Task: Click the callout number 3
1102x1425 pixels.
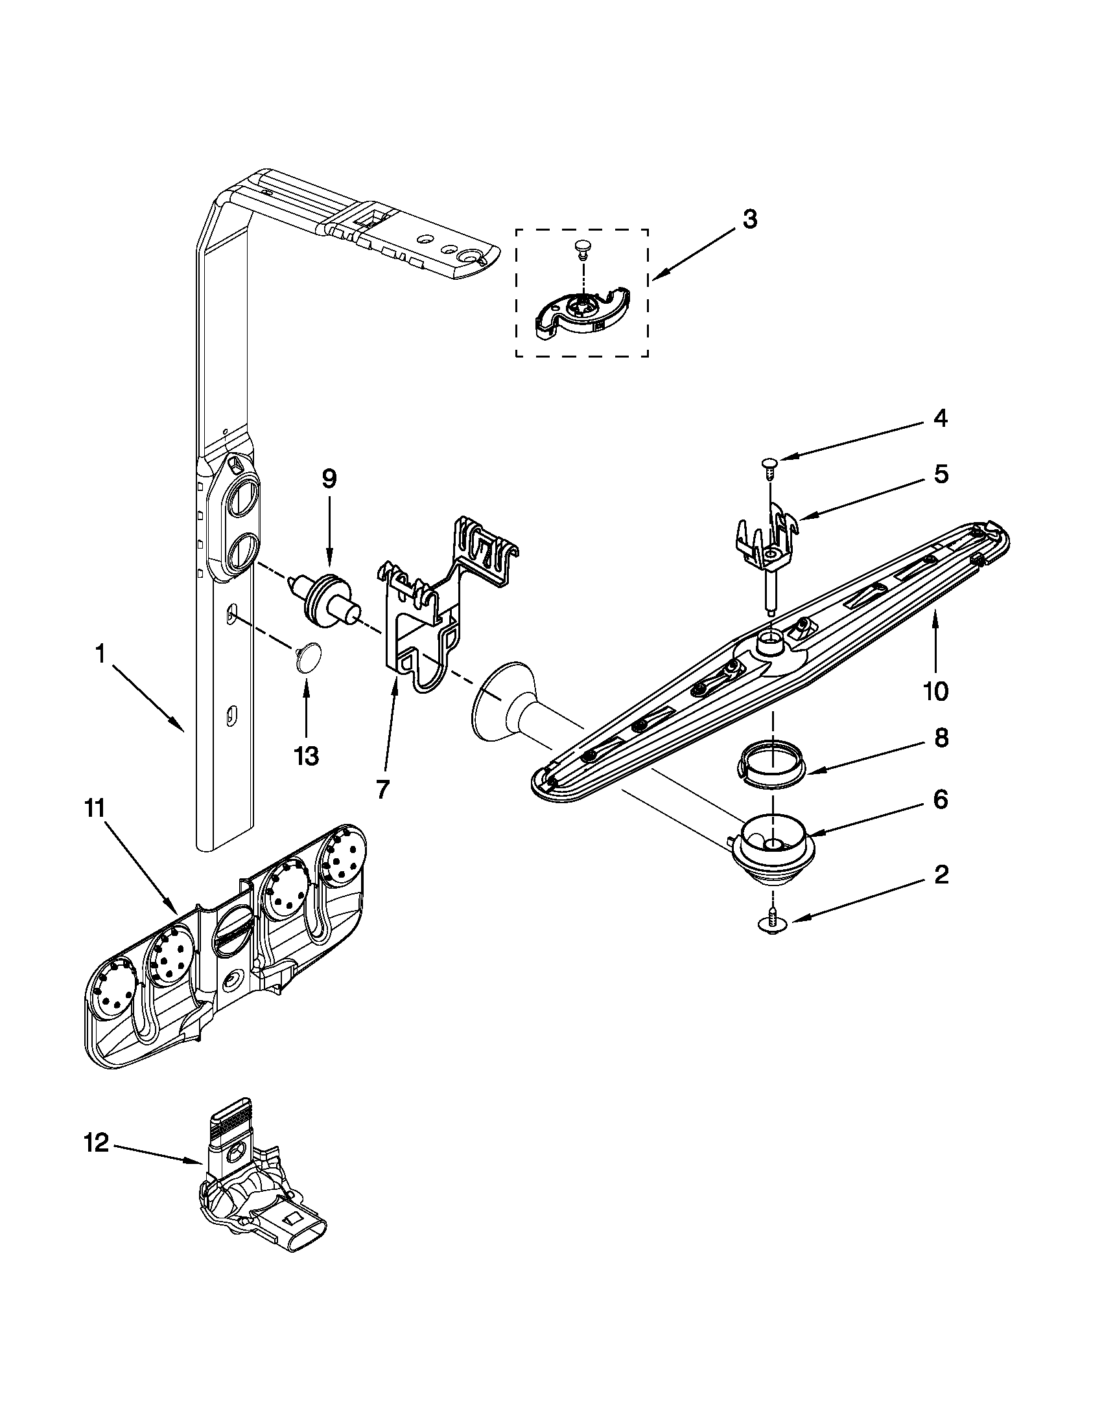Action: pyautogui.click(x=749, y=220)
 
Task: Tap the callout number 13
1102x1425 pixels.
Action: pyautogui.click(x=306, y=756)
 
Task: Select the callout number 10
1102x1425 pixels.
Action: pyautogui.click(x=936, y=691)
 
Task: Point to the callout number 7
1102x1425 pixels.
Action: pyautogui.click(x=383, y=790)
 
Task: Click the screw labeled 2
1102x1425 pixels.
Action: pyautogui.click(x=772, y=921)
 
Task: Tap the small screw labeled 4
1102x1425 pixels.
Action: pyautogui.click(x=768, y=464)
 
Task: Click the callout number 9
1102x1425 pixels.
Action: pyautogui.click(x=329, y=479)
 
